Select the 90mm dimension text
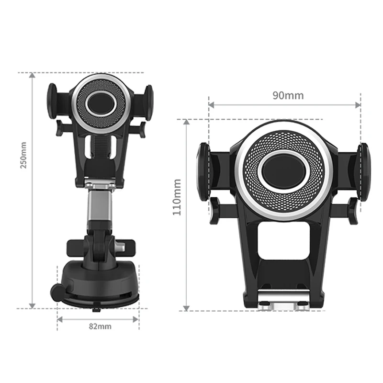click(x=288, y=95)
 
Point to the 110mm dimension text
click(x=177, y=197)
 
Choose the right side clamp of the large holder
click(x=364, y=172)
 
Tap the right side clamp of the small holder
click(x=149, y=101)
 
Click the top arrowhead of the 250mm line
click(x=32, y=75)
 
